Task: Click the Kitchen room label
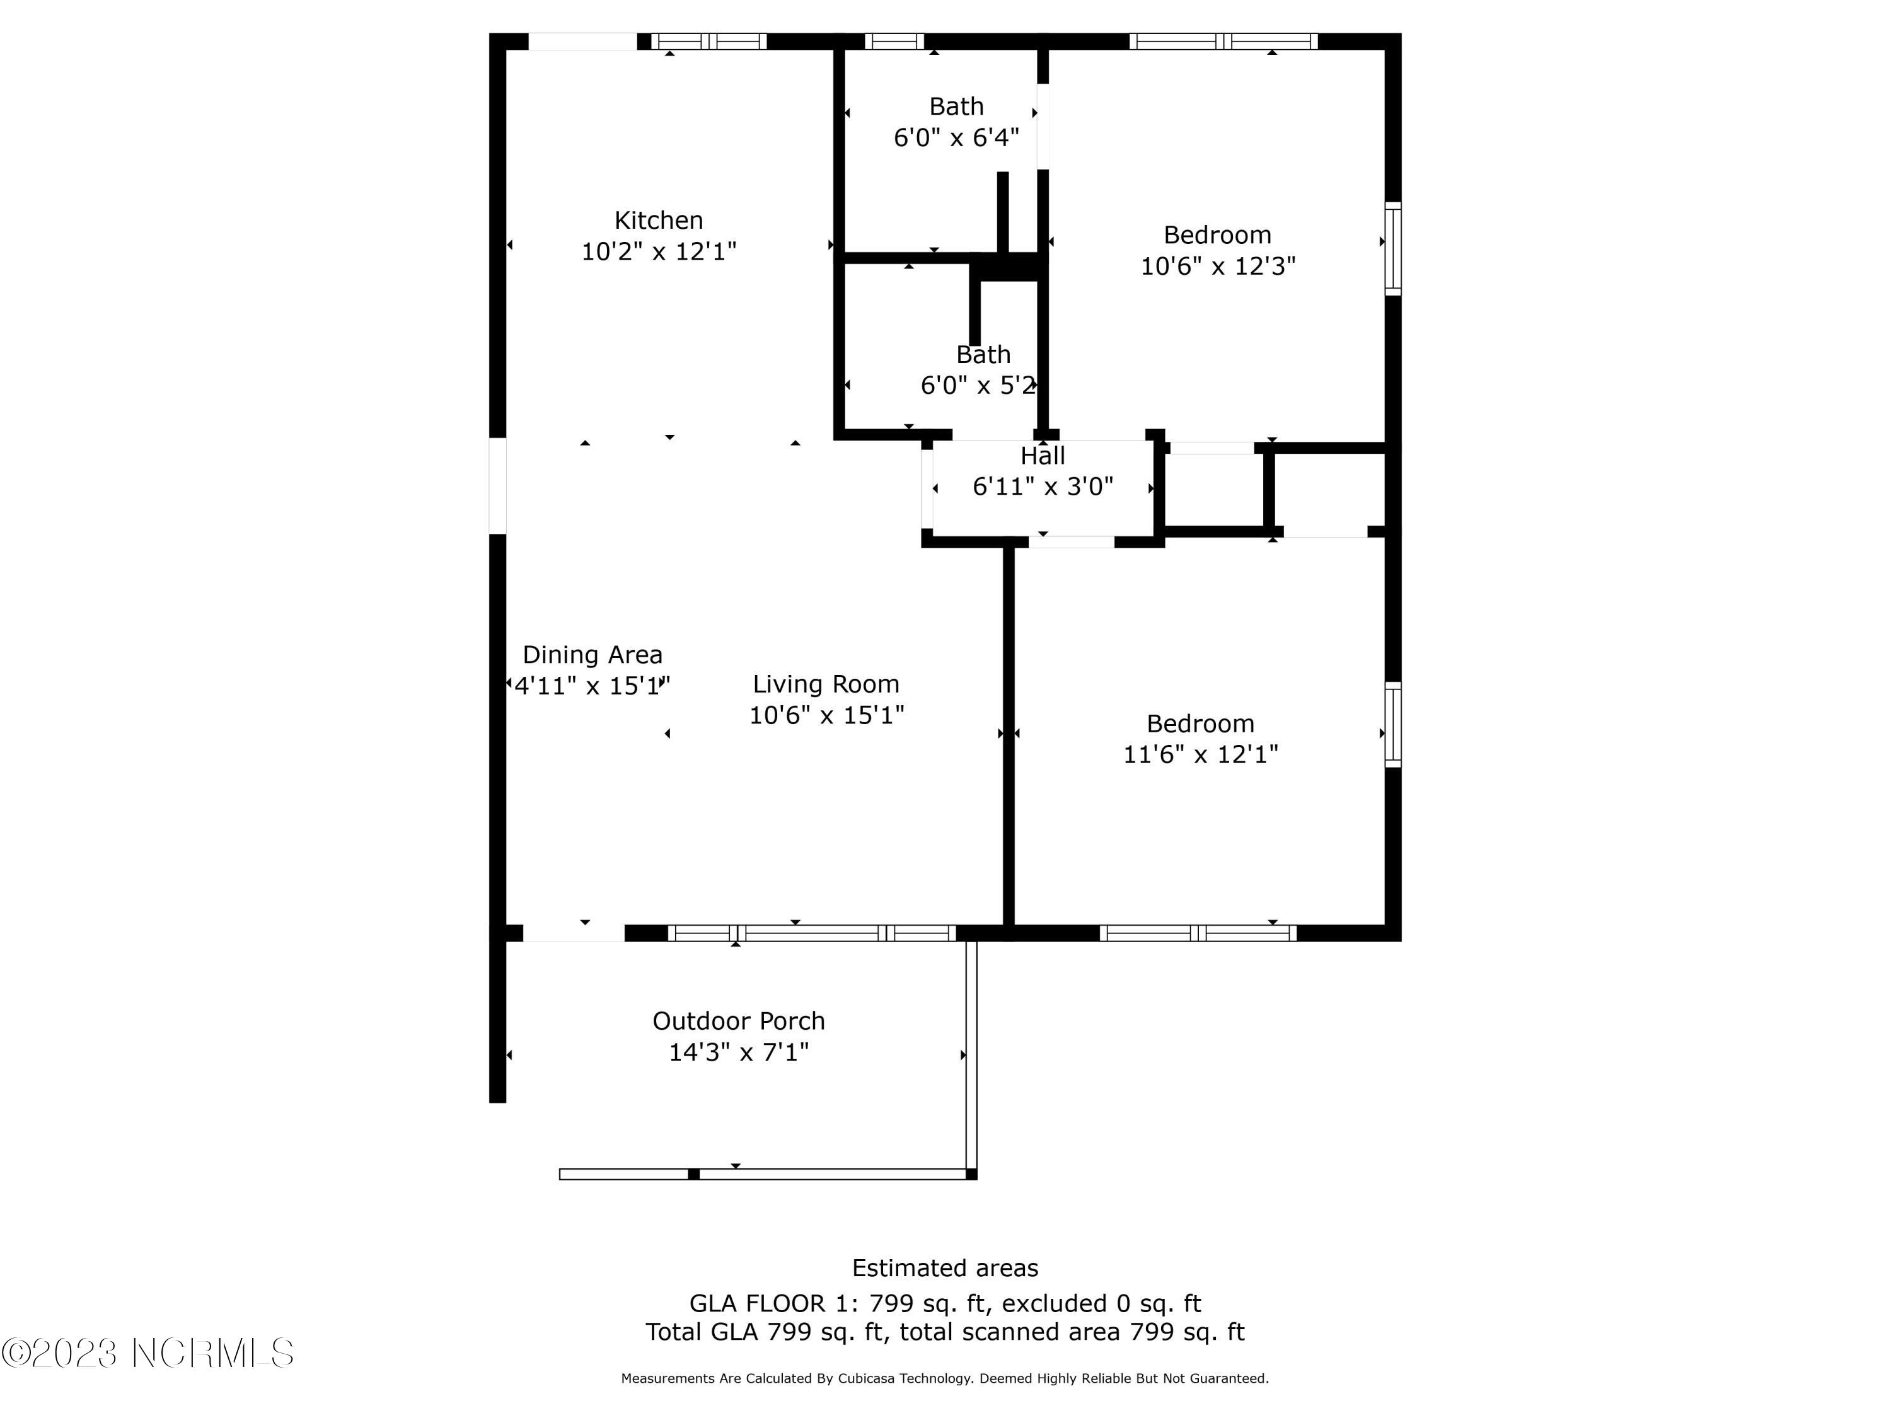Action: click(658, 221)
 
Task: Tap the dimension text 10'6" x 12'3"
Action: click(1217, 266)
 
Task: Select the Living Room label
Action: click(825, 684)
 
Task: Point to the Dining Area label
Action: click(593, 655)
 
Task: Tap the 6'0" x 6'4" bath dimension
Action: click(956, 137)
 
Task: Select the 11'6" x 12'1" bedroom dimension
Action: click(1200, 754)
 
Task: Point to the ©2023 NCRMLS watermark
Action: click(147, 1353)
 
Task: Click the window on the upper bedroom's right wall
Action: click(1392, 249)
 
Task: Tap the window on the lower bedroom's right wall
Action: click(1392, 724)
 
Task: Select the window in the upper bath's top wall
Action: click(894, 41)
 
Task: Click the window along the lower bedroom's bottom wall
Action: click(1198, 933)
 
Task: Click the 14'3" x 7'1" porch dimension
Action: click(739, 1052)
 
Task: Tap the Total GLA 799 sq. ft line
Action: click(945, 1332)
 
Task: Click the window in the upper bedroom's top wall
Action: click(1223, 41)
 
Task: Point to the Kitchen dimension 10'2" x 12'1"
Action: click(658, 251)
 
